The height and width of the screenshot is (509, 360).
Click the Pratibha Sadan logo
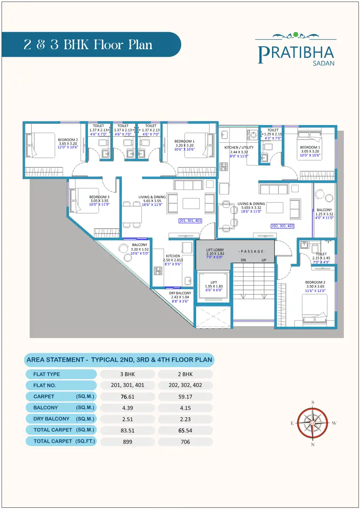(296, 49)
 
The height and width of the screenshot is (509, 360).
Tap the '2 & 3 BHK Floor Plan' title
(88, 44)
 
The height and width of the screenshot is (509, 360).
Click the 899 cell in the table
(128, 442)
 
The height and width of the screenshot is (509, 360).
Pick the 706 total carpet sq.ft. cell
(185, 442)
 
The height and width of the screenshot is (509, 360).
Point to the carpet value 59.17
(185, 396)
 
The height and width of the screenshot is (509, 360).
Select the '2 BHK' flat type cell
(185, 374)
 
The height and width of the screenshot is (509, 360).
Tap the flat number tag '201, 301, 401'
(190, 221)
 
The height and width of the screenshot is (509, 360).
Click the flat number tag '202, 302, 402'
(283, 226)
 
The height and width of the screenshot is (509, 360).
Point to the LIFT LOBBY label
(215, 250)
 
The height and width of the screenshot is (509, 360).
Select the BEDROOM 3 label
(99, 197)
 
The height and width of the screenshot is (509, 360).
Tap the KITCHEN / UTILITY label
(239, 148)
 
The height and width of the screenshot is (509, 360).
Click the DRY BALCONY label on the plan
(180, 293)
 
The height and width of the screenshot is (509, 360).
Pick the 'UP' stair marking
(264, 260)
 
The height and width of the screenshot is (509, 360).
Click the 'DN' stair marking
(243, 260)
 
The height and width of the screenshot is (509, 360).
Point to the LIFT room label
(214, 282)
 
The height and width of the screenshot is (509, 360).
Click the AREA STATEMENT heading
(119, 359)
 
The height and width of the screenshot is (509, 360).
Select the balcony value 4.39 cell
(128, 408)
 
